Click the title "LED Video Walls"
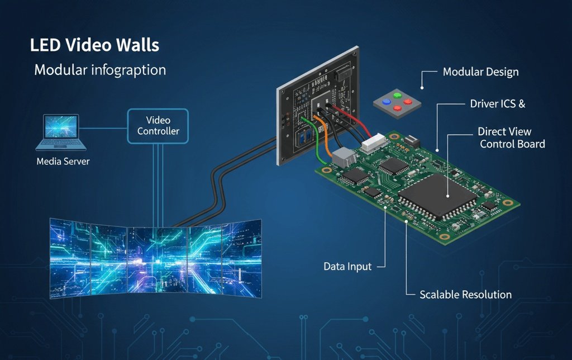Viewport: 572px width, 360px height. click(94, 45)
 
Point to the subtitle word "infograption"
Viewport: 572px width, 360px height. click(130, 71)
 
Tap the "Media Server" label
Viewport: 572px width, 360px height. click(63, 162)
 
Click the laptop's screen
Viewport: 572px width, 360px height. click(61, 127)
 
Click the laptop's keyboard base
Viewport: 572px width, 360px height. click(61, 145)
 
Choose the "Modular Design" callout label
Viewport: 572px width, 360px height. click(480, 72)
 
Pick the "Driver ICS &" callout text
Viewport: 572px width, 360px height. click(498, 104)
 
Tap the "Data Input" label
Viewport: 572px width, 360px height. click(347, 267)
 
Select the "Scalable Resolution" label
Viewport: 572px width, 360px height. click(465, 294)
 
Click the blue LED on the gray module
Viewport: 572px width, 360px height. click(386, 102)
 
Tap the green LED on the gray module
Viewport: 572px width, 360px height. click(398, 95)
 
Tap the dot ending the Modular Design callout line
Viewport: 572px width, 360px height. click(422, 88)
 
